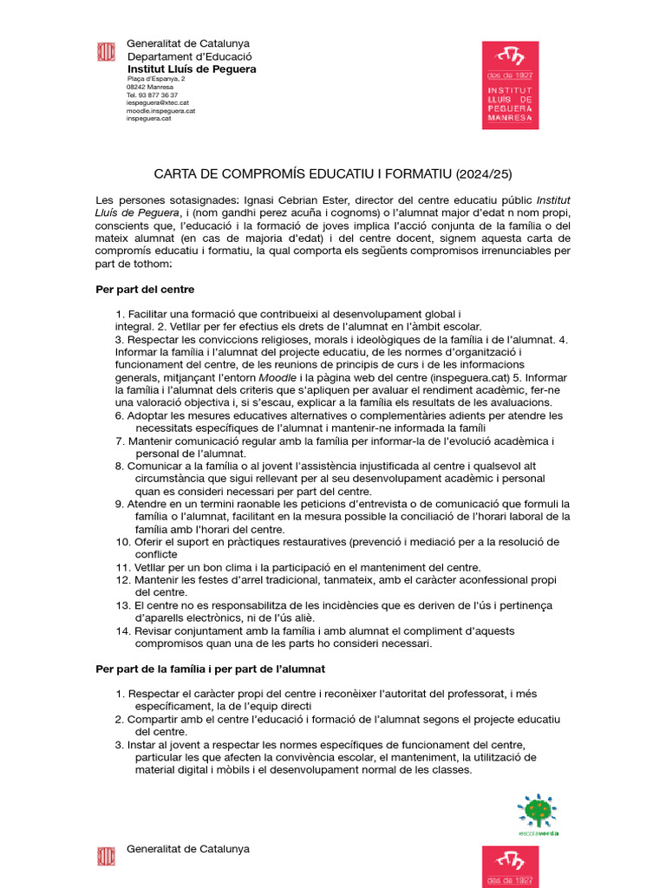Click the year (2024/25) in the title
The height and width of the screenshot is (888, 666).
(483, 173)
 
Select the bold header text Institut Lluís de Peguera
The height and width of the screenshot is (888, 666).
(192, 69)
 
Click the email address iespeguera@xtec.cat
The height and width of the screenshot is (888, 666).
(158, 102)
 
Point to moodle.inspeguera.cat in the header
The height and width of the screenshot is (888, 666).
(161, 110)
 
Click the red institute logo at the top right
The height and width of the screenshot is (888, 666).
(510, 85)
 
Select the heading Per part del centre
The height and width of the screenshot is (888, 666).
(145, 289)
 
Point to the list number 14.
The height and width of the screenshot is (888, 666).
(121, 631)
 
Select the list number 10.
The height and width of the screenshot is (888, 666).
(121, 542)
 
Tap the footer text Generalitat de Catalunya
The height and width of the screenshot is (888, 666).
(188, 848)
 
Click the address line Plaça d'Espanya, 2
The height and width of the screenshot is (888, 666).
(155, 79)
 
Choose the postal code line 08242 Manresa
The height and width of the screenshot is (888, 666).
(150, 87)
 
